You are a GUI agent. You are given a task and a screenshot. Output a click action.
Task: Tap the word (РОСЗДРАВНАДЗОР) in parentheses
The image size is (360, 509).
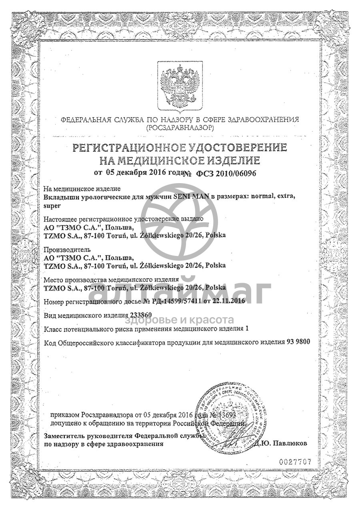[180, 128]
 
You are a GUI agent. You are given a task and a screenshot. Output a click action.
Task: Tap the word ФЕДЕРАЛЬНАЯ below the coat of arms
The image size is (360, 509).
[85, 120]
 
